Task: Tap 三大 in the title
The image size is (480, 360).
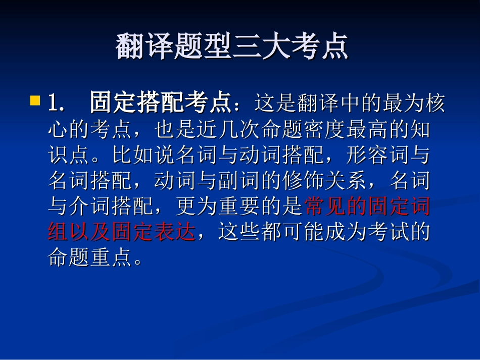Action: click(261, 46)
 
